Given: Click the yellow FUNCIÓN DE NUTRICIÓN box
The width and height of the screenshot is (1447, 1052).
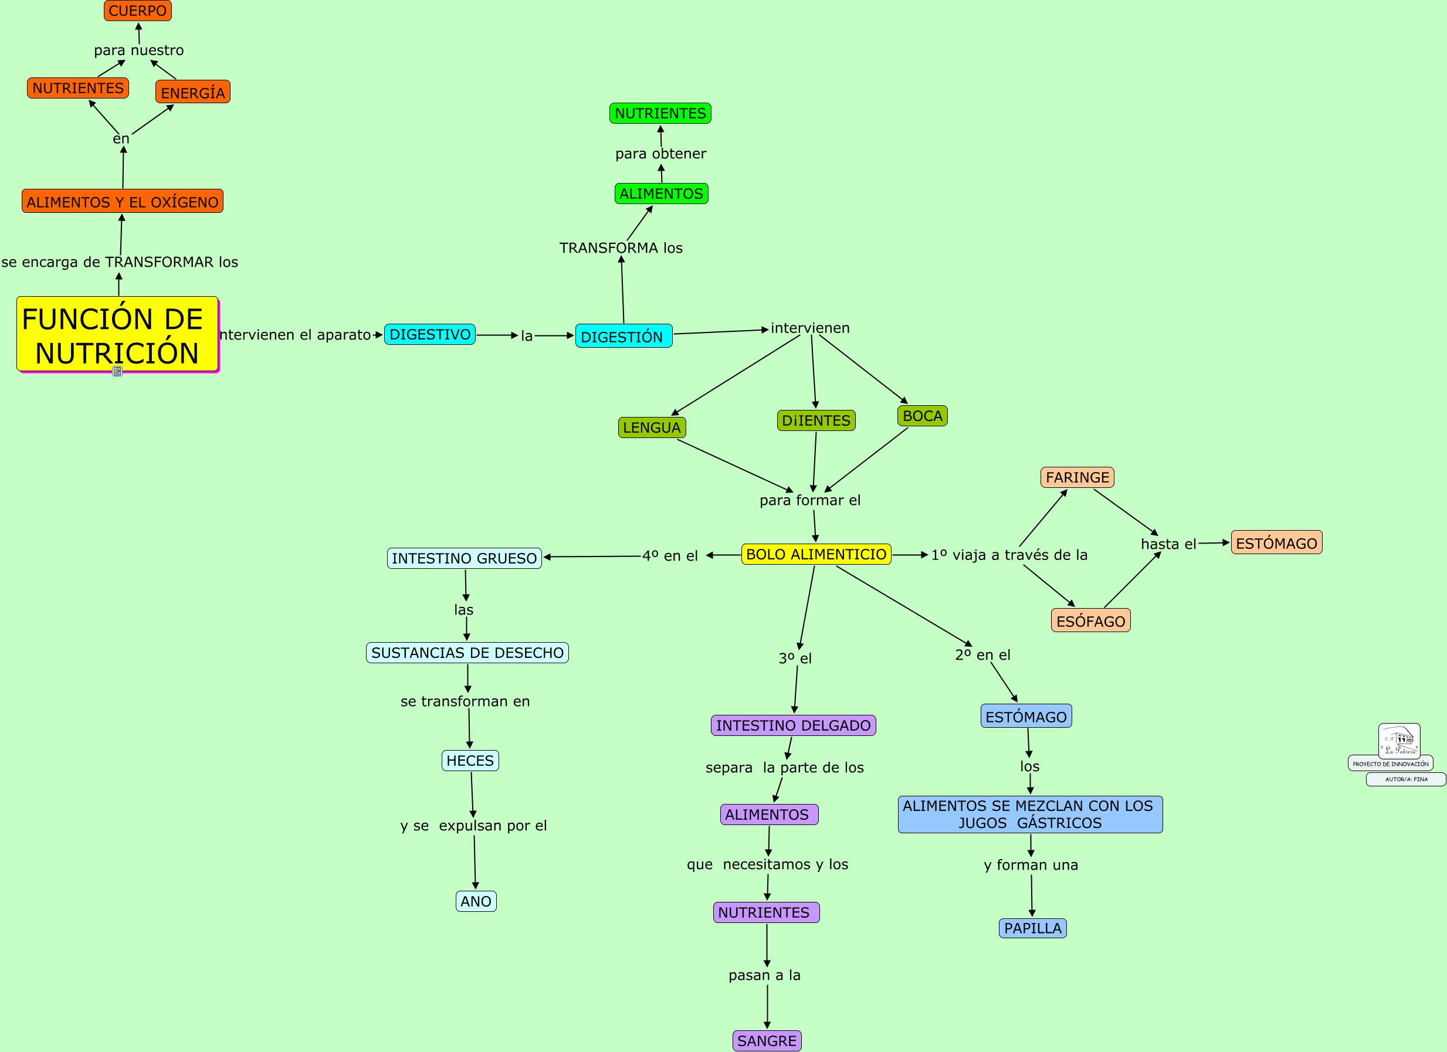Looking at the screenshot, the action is point(117,334).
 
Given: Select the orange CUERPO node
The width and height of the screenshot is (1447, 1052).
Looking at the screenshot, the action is point(138,11).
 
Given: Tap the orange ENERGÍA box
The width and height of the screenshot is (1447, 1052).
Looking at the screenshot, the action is point(192,92).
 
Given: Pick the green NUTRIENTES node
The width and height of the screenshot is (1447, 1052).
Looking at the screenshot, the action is point(660,113).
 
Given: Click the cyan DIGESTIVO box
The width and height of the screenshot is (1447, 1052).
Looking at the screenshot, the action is point(430,334).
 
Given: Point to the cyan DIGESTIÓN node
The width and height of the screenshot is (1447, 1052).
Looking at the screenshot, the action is point(623,335).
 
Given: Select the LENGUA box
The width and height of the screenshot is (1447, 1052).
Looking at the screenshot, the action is point(652,427).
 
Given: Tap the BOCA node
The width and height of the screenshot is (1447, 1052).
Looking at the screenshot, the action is point(923,416).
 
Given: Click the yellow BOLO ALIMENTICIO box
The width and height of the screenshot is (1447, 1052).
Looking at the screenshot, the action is point(816,554).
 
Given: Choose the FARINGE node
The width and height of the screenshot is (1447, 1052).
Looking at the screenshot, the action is point(1077,477).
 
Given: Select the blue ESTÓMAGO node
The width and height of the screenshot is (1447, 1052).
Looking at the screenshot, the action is point(1026,716).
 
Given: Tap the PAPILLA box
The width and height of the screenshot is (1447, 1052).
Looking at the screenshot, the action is point(1033,928).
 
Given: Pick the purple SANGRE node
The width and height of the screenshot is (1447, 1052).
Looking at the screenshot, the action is point(767,1040).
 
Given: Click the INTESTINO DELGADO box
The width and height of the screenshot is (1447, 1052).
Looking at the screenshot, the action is point(793,725).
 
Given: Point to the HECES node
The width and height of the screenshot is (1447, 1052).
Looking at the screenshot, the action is point(470,761).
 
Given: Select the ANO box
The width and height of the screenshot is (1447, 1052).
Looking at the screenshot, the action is point(476,901).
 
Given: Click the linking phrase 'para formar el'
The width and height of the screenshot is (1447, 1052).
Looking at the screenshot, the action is point(809,500).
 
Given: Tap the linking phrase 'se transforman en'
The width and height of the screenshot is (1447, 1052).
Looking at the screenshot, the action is point(465,701).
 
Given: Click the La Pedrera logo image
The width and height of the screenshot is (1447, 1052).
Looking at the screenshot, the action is point(1399,740).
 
